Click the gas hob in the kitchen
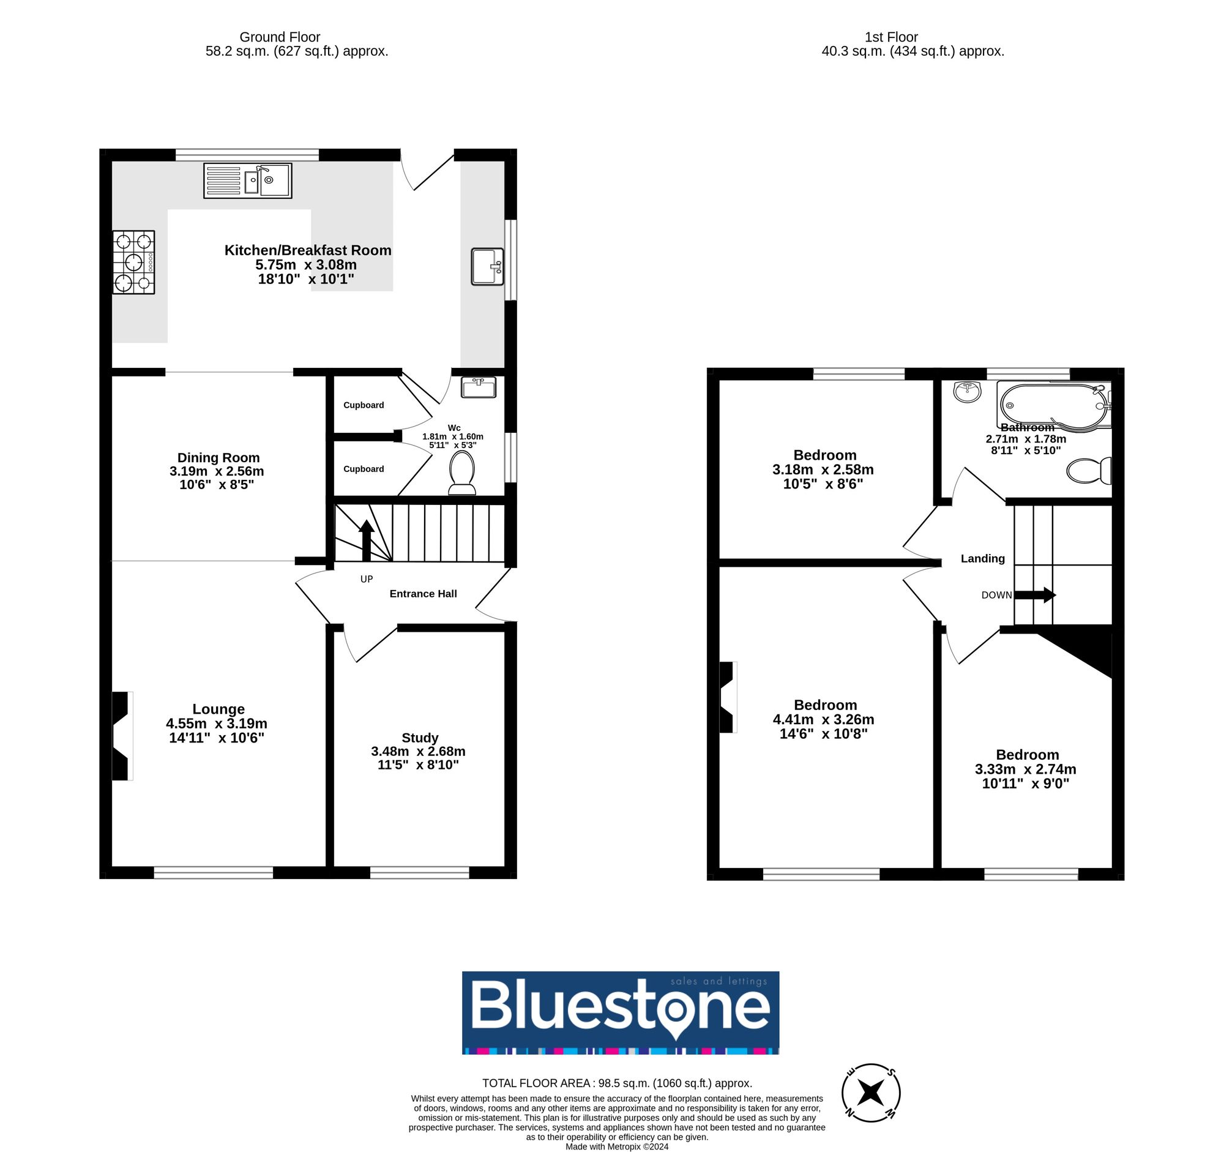click(133, 263)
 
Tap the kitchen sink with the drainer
click(247, 181)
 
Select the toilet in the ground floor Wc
click(462, 473)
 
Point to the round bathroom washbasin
click(968, 391)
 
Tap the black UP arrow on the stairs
click(367, 539)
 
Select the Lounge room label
click(218, 709)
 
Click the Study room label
click(420, 737)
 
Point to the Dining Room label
click(218, 457)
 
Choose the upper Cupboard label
click(364, 405)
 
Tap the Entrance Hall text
click(423, 594)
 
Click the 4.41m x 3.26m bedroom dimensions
click(823, 719)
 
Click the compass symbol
click(871, 1092)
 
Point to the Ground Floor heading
click(280, 37)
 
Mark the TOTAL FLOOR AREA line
click(617, 1082)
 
